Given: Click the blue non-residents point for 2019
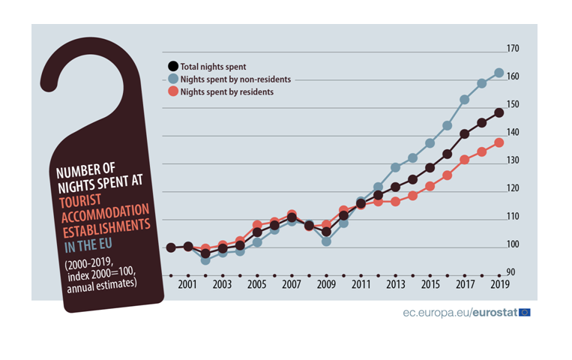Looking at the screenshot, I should pyautogui.click(x=499, y=73).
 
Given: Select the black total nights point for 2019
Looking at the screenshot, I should pyautogui.click(x=499, y=113).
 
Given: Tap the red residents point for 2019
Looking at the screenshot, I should pyautogui.click(x=499, y=142).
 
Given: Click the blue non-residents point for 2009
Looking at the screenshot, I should pyautogui.click(x=326, y=241).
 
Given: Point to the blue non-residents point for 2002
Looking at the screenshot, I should pyautogui.click(x=205, y=260).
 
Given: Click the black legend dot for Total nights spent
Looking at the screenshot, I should pyautogui.click(x=173, y=66).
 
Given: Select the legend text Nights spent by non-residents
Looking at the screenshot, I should pyautogui.click(x=235, y=79).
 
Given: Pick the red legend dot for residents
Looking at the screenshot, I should pyautogui.click(x=173, y=91).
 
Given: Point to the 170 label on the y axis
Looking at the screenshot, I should pyautogui.click(x=513, y=49).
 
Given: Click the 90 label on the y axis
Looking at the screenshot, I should pyautogui.click(x=511, y=273).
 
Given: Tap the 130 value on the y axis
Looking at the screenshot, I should pyautogui.click(x=513, y=160).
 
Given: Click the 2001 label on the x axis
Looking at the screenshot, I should pyautogui.click(x=187, y=285).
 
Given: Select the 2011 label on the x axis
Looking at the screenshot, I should pyautogui.click(x=361, y=285).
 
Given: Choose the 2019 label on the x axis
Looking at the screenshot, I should pyautogui.click(x=499, y=285).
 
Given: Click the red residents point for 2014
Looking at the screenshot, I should pyautogui.click(x=412, y=196).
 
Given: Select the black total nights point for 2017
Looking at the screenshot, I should pyautogui.click(x=464, y=133).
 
